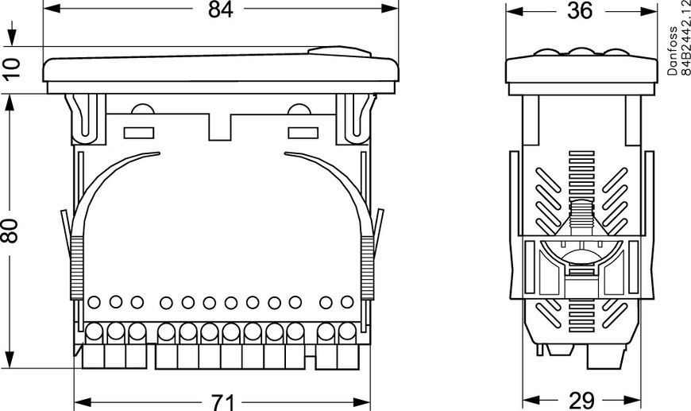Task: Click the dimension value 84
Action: click(x=220, y=10)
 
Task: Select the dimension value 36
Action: click(x=580, y=10)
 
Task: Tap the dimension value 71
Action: click(x=223, y=401)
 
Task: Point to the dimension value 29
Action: click(x=581, y=401)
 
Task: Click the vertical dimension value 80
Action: click(x=10, y=231)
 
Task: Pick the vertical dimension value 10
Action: click(x=12, y=68)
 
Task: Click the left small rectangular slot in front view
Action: click(x=139, y=133)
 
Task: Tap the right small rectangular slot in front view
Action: click(x=303, y=133)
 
